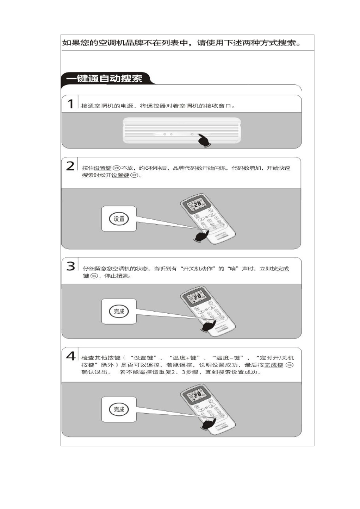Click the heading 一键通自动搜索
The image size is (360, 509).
(104, 78)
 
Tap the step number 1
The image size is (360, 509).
(70, 103)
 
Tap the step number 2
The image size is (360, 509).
(70, 166)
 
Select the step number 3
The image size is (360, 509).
(70, 266)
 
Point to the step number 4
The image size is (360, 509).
(71, 356)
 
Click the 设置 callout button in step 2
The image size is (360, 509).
(119, 219)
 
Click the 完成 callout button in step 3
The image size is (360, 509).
(119, 311)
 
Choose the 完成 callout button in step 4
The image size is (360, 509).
(119, 409)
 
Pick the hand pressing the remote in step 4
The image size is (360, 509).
(208, 423)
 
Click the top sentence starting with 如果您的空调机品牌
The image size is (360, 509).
(182, 43)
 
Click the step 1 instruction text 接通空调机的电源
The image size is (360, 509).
(158, 106)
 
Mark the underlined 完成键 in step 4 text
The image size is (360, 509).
(274, 365)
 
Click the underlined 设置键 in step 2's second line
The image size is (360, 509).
(120, 175)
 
